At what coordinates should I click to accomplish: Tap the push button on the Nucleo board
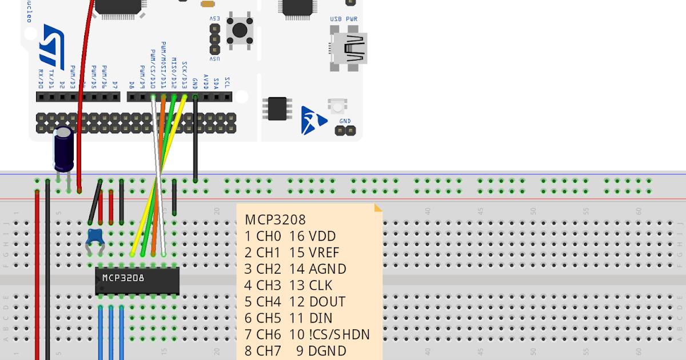click(x=239, y=29)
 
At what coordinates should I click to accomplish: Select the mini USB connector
click(x=349, y=49)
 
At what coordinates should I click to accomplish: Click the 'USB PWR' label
click(x=344, y=19)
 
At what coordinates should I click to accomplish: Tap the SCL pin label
click(x=227, y=82)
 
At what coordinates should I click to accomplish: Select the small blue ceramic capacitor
click(x=94, y=237)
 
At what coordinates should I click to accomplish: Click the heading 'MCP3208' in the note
click(x=276, y=220)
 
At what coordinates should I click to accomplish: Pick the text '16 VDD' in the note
click(x=312, y=237)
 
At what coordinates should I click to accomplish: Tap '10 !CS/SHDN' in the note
click(x=330, y=335)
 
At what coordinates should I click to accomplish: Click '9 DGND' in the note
click(x=321, y=351)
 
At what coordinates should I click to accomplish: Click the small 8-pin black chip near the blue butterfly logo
click(x=277, y=108)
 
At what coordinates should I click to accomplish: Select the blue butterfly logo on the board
click(x=313, y=120)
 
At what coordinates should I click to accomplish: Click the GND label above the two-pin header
click(x=345, y=121)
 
